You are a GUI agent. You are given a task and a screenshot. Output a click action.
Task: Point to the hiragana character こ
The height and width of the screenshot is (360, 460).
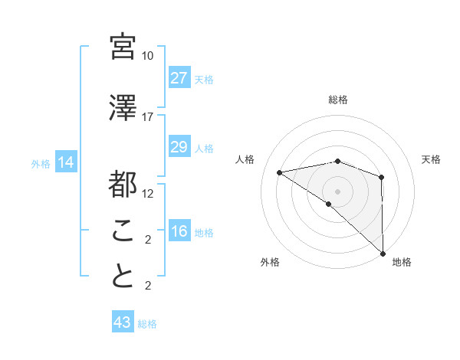tap(123, 230)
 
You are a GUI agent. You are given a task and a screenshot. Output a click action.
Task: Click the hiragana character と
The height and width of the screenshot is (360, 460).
tap(123, 277)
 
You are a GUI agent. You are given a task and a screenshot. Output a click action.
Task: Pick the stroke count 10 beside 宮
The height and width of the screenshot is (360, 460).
tap(148, 56)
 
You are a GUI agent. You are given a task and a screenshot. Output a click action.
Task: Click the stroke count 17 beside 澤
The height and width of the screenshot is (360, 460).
tap(148, 117)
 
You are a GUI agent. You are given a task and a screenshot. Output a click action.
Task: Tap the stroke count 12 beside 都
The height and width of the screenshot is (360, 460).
tap(148, 194)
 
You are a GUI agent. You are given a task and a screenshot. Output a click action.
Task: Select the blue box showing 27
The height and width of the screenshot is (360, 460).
tap(179, 78)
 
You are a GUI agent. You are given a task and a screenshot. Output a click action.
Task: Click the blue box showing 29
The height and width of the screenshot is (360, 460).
tap(179, 147)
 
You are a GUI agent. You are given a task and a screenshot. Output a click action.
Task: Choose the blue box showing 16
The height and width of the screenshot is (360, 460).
tap(179, 232)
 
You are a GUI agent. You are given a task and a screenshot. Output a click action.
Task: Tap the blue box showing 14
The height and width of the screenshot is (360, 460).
tap(66, 162)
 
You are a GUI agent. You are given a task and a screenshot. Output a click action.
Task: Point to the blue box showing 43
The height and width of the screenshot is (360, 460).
tap(123, 322)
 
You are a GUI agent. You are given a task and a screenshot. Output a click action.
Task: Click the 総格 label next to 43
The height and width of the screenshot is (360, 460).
tap(147, 324)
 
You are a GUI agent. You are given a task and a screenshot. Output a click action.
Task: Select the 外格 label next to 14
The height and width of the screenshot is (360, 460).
tap(41, 164)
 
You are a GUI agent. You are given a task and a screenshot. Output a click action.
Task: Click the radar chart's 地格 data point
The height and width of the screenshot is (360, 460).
tap(382, 252)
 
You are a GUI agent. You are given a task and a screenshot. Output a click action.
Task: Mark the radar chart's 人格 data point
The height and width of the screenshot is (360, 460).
tap(280, 172)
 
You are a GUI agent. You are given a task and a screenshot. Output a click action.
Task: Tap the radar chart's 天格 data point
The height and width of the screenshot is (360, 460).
tap(382, 178)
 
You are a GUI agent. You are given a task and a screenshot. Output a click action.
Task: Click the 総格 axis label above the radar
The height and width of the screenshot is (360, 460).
tap(338, 100)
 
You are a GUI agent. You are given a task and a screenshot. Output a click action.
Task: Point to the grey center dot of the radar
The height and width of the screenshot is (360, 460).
tap(337, 190)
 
